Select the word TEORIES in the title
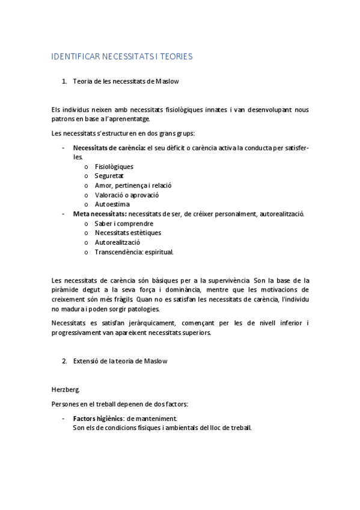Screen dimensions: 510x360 (174, 57)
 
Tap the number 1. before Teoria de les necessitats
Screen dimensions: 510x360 (64, 81)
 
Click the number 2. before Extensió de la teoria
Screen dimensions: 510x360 (64, 361)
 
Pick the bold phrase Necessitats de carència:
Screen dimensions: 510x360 (109, 147)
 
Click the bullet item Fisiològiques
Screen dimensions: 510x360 (114, 166)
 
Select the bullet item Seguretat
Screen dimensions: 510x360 (109, 176)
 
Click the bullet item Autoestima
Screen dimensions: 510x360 (112, 204)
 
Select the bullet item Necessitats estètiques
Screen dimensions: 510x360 (127, 233)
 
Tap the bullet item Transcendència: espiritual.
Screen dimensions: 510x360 (134, 252)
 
